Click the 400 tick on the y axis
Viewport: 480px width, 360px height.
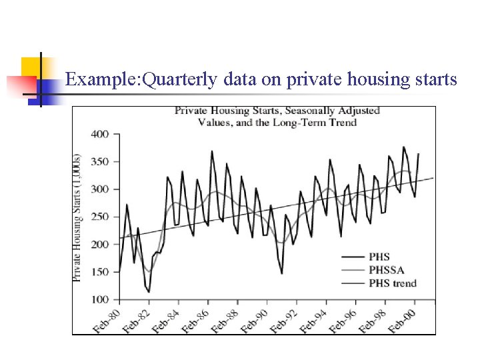[99, 134]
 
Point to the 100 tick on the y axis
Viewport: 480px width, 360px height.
[99, 299]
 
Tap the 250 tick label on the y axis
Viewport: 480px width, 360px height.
[99, 217]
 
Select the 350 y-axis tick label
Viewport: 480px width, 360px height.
[99, 162]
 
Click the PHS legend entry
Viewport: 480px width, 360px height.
[378, 257]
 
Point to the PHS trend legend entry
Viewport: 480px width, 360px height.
[391, 283]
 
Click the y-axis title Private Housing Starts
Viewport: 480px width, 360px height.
[78, 217]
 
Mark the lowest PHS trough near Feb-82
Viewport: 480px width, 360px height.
[149, 292]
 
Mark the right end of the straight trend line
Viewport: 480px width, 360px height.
[434, 177]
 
